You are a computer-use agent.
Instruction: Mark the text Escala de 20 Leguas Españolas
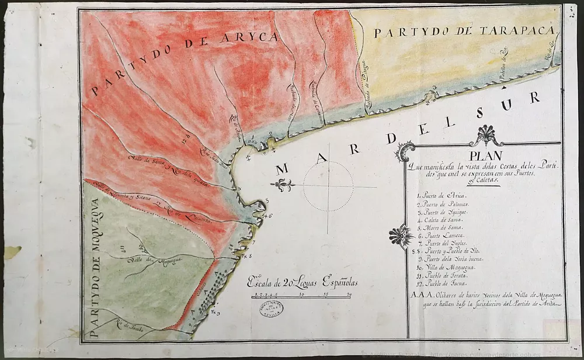click(302, 283)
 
